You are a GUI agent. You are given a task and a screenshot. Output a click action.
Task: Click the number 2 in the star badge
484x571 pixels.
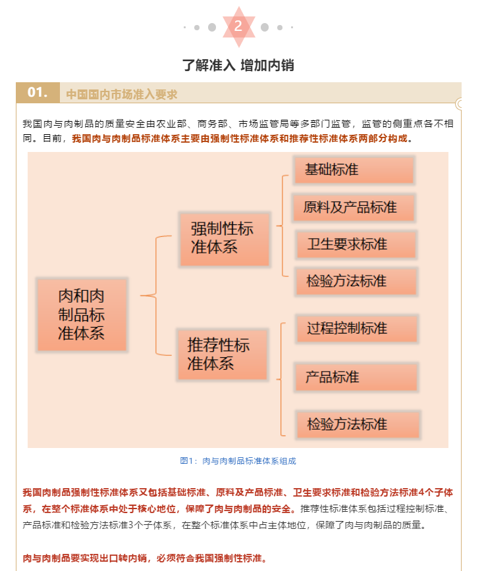238,26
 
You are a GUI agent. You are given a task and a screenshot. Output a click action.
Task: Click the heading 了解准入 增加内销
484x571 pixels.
238,66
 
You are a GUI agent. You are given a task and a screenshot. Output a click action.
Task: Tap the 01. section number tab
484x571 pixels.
38,93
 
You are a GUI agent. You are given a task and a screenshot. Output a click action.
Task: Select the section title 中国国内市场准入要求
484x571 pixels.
122,94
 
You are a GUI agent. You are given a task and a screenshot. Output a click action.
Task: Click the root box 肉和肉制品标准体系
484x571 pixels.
82,314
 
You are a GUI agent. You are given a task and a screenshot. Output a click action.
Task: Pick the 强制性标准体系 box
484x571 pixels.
225,239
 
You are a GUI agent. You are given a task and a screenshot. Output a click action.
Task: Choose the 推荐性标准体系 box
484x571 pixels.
223,355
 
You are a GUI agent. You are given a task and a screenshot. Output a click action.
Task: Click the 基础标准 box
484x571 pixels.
354,170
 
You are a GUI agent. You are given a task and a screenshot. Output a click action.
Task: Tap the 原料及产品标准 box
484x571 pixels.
354,208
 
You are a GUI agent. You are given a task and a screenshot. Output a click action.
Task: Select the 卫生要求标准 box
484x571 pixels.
356,244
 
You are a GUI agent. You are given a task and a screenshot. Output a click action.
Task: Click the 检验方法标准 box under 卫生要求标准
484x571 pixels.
356,281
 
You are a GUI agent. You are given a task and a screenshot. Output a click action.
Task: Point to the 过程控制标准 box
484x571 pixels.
357,328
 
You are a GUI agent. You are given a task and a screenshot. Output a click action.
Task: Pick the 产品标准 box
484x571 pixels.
356,378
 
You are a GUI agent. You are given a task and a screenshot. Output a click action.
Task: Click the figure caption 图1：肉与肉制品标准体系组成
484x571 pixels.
238,461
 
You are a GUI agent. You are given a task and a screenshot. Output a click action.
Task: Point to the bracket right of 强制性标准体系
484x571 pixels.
282,226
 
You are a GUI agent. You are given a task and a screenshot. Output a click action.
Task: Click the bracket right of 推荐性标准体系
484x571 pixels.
281,380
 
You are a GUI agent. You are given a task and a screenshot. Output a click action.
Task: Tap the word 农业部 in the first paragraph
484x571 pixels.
171,124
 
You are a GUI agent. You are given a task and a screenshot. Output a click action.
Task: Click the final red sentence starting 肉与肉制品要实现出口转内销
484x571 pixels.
145,558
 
